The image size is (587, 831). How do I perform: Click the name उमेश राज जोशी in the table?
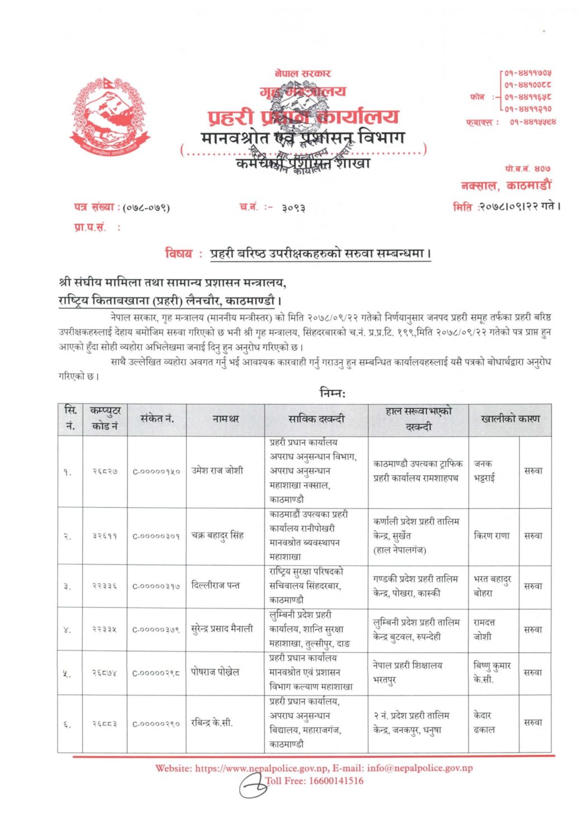217,471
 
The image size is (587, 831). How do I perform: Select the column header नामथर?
226,419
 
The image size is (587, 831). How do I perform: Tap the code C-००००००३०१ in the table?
156,536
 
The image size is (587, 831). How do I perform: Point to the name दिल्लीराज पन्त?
215,586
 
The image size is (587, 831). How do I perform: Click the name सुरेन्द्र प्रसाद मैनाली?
222,629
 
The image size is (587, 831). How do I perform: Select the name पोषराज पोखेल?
215,672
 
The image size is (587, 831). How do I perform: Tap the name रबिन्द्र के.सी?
212,723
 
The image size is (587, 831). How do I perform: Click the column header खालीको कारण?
510,419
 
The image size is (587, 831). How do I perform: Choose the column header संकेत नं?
157,419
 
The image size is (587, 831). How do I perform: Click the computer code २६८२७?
105,471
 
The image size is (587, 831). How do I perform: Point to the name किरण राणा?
491,535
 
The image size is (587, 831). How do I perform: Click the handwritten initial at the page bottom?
253,787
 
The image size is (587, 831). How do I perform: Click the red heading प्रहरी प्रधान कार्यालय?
304,117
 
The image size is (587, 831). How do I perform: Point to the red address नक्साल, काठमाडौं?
505,186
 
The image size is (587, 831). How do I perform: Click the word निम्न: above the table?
333,393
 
